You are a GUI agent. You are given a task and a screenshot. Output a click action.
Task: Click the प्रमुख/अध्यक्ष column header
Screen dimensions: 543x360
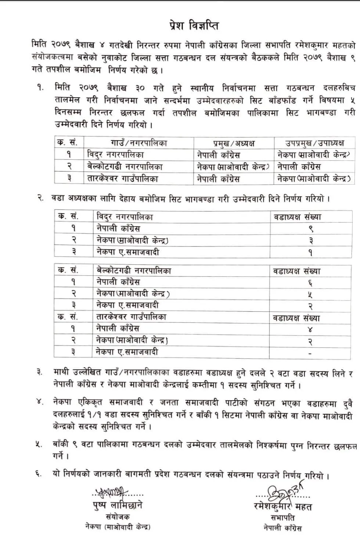[x=234, y=143]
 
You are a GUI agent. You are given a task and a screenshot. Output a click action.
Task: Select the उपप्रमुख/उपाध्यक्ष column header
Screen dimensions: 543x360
[x=315, y=143]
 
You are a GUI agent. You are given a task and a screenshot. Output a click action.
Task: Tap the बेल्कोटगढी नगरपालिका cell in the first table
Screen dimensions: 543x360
[x=125, y=167]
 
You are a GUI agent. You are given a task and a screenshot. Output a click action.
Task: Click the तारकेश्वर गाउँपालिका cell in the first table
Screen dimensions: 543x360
[x=123, y=179]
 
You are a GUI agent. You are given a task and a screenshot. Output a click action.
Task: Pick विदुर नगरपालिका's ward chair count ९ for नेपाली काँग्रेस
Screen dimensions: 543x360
[x=310, y=229]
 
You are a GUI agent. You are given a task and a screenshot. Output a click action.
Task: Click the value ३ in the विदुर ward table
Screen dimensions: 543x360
[x=310, y=241]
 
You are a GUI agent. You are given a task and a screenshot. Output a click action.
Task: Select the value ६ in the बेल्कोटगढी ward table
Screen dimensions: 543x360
[x=310, y=283]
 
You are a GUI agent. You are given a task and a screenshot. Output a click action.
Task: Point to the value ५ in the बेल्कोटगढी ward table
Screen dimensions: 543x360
[x=310, y=294]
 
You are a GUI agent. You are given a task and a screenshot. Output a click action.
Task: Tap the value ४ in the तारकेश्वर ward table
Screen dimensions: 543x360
[x=310, y=329]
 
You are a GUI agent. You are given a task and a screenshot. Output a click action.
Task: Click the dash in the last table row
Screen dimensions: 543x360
[x=310, y=353]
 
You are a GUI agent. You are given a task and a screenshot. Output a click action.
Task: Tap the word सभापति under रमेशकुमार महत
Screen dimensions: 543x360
[x=282, y=518]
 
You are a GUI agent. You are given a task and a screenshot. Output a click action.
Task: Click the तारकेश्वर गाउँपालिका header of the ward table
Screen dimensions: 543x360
[x=131, y=317]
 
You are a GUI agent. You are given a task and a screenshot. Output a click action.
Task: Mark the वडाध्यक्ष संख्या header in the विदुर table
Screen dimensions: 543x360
[x=297, y=217]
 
